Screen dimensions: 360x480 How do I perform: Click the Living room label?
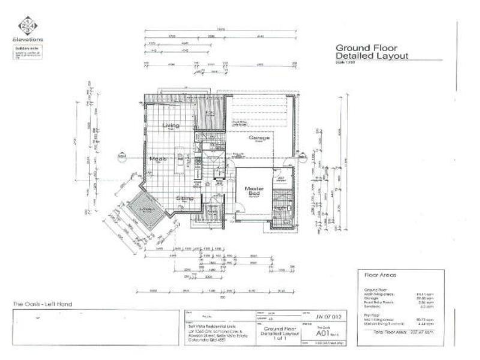coord(170,125)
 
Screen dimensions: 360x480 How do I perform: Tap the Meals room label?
coord(158,159)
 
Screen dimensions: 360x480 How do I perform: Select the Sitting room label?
coord(184,197)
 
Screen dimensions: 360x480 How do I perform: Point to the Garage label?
coord(259,137)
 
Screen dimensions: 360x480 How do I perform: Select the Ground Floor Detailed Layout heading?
coord(371,51)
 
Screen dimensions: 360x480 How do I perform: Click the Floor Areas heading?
coord(378,275)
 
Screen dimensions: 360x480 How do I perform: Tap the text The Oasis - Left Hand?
coord(43,305)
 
